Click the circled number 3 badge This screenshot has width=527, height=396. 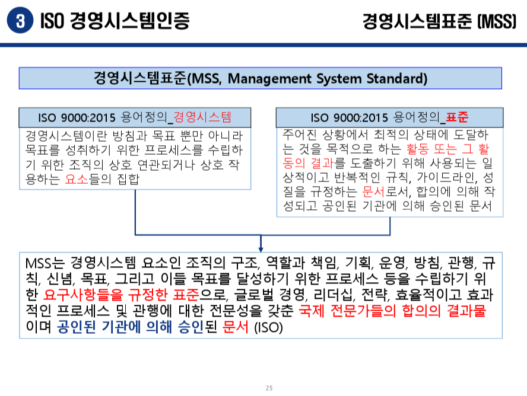pyautogui.click(x=20, y=21)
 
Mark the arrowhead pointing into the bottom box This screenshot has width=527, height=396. pyautogui.click(x=261, y=247)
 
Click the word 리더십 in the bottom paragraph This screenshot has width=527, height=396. pyautogui.click(x=329, y=295)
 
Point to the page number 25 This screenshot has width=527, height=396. pyautogui.click(x=269, y=388)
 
